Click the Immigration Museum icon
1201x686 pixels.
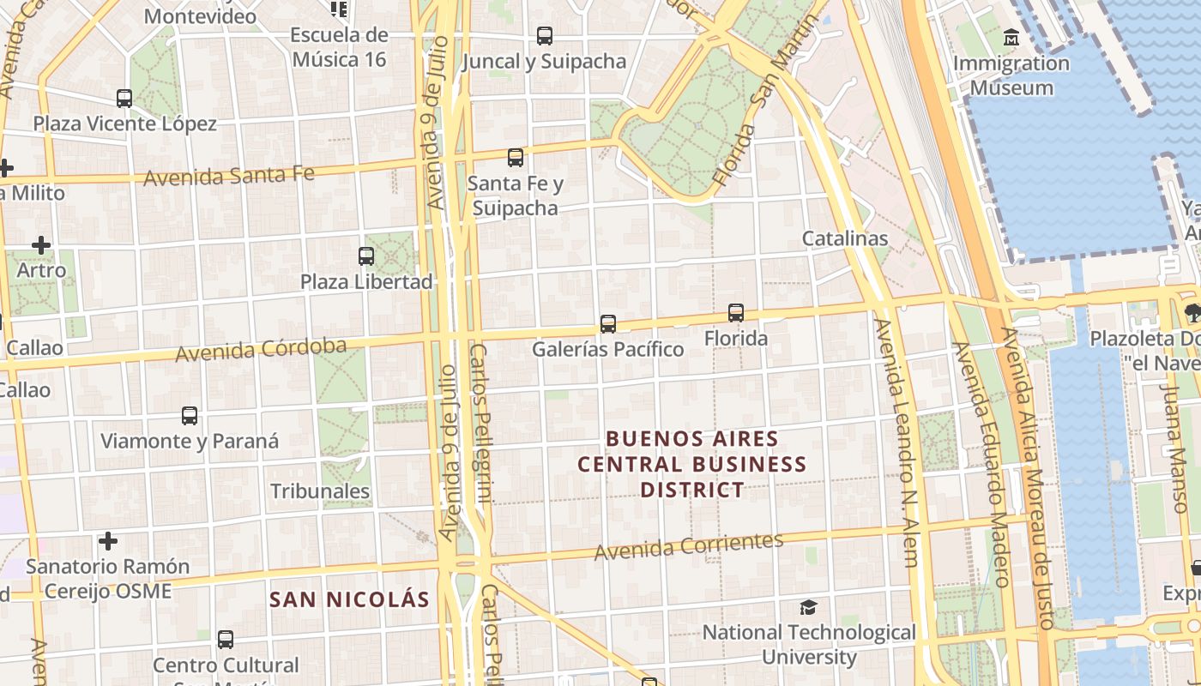coord(1011,38)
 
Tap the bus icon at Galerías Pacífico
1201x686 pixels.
coord(608,323)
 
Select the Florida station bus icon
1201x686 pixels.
coord(736,313)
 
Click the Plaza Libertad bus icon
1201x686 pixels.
coord(366,256)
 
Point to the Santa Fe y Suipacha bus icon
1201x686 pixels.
coord(516,157)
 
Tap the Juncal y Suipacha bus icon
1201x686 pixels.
coord(545,35)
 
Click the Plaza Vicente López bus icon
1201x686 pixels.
coord(124,98)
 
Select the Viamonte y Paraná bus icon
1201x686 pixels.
coord(190,416)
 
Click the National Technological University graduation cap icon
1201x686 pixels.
coord(808,607)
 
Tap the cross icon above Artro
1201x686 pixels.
coord(41,245)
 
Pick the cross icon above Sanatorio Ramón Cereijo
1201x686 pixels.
coord(108,541)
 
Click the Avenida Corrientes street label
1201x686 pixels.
coord(689,545)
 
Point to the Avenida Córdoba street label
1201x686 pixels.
coord(261,350)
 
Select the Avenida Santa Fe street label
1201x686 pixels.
coord(229,176)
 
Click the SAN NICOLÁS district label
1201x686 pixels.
coord(348,599)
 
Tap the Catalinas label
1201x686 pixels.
coord(845,238)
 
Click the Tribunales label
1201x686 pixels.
coord(320,491)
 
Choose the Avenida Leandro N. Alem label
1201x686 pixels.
coord(896,442)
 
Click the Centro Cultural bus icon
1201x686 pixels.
coord(226,639)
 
